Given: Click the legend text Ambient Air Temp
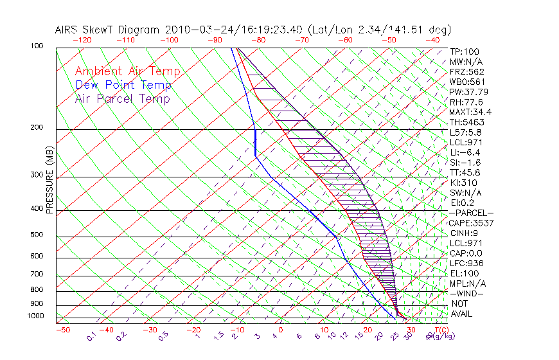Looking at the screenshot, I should coord(127,71).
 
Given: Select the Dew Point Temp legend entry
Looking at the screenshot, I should coord(123,85).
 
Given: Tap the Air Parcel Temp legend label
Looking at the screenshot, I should coord(123,98).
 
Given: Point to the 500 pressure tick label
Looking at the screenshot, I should coord(37,235).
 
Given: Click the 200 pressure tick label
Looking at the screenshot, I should coord(37,128).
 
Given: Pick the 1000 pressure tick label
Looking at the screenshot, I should coord(35,316).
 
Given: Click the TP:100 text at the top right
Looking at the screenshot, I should coord(465,51).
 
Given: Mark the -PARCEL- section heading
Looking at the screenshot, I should coord(471,213).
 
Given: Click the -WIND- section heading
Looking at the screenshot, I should coord(466,293).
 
